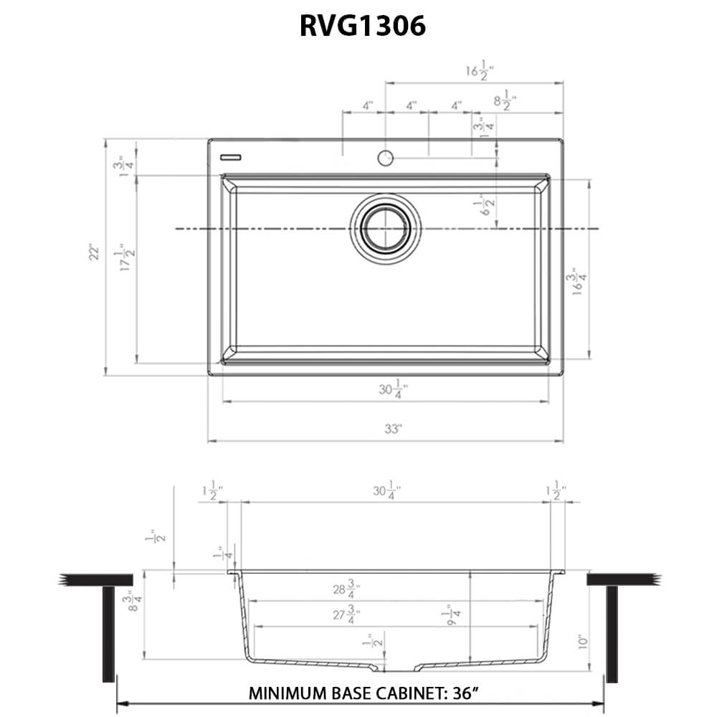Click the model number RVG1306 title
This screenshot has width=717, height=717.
coord(362,27)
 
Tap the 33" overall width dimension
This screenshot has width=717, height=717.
coord(393,430)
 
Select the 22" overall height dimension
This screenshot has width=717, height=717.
coord(94,254)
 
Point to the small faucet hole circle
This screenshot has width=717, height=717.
coord(386,157)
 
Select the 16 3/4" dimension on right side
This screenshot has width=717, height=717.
coord(573,284)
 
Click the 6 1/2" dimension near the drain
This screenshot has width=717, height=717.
coord(488,206)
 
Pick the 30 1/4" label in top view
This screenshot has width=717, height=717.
coord(393,390)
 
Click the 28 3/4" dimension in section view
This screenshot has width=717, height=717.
coord(346,589)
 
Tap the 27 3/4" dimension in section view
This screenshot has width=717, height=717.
coord(346,614)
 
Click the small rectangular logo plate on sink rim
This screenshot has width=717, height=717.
coord(230,156)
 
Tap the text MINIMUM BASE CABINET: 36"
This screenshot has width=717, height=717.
coord(364,694)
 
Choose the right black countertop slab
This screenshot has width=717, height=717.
coord(622,579)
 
